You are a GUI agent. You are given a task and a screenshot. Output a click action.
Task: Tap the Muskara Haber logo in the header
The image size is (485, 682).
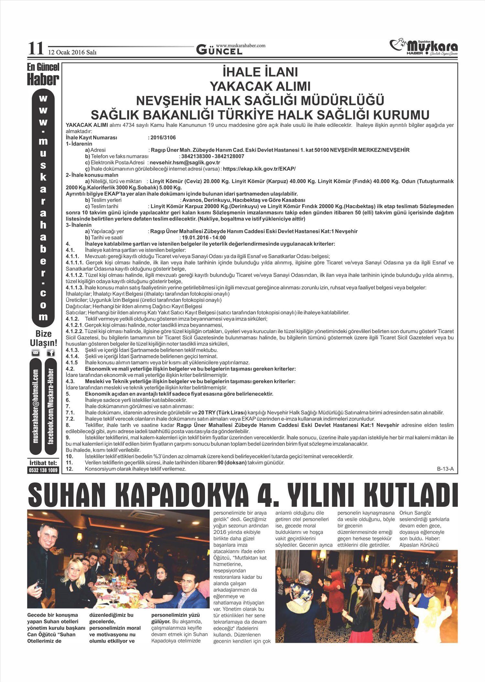click(424, 47)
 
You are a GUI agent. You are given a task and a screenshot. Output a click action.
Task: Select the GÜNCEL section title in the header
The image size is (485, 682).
click(219, 50)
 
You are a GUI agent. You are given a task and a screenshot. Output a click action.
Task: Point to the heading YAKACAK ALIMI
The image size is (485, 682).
click(260, 86)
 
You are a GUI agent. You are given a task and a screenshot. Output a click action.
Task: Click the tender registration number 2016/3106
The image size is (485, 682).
click(163, 138)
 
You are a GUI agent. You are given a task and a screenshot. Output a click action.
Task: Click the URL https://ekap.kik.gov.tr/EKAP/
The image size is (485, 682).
click(259, 169)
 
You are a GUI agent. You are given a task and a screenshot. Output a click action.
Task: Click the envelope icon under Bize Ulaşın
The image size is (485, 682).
click(36, 353)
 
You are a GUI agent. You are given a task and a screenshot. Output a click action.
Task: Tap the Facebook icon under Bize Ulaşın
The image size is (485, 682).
click(51, 353)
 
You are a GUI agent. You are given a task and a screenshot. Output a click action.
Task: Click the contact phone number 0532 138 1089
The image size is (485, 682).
click(43, 470)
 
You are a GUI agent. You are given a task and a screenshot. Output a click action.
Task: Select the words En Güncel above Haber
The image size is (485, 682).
click(43, 67)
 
